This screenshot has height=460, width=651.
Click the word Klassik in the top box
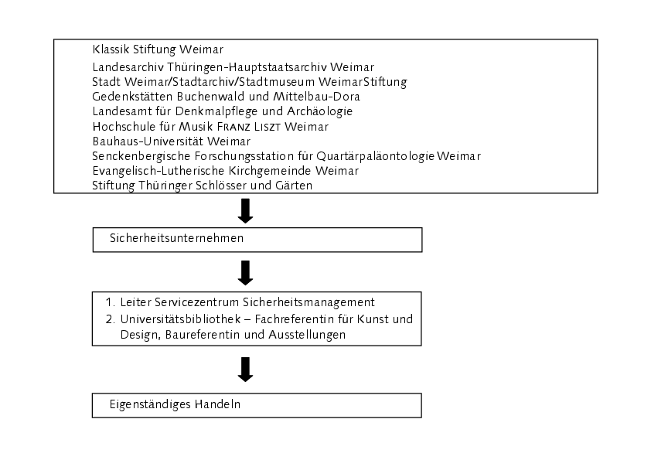point(111,49)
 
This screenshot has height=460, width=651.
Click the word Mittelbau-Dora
point(316,97)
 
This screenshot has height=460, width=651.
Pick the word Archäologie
point(319,111)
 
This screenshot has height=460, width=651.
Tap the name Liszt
point(268,126)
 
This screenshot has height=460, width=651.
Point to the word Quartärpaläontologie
point(375,156)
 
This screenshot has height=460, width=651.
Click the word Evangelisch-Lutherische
point(159,171)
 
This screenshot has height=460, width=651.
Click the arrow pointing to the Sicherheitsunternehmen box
point(245,211)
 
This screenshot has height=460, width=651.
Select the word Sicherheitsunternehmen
point(176,238)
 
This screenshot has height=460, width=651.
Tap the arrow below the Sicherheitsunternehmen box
point(245,273)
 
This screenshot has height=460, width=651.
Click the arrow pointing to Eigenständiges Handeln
point(245,370)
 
